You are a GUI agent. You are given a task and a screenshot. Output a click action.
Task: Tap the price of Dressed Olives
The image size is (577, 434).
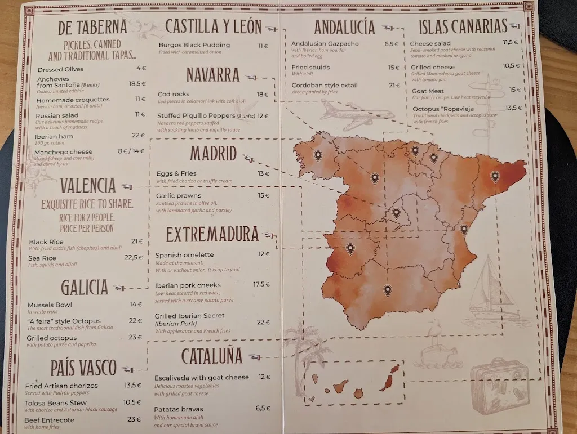click(x=141, y=69)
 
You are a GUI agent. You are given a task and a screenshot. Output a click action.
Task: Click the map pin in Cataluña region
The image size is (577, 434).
click(x=495, y=176)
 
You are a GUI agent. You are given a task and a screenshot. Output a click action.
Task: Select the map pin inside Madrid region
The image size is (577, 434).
click(x=396, y=213)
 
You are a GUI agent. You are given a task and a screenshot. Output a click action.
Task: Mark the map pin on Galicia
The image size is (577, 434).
click(x=318, y=155)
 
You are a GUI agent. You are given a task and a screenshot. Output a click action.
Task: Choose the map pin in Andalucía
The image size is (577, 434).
click(x=387, y=290)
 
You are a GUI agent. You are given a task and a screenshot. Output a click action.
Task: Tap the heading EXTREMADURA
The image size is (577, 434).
click(x=212, y=234)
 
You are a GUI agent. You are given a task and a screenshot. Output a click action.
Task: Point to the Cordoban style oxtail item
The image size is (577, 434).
click(x=324, y=85)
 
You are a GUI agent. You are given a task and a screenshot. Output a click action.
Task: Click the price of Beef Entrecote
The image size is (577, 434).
click(x=134, y=419)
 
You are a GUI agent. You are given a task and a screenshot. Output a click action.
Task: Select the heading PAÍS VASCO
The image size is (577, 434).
click(x=83, y=369)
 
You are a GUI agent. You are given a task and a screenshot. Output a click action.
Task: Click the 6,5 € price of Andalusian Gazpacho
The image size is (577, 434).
click(x=391, y=43)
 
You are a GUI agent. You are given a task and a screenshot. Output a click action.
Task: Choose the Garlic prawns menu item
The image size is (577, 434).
click(x=179, y=196)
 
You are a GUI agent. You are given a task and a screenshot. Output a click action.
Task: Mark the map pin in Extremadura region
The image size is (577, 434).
click(x=350, y=248)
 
